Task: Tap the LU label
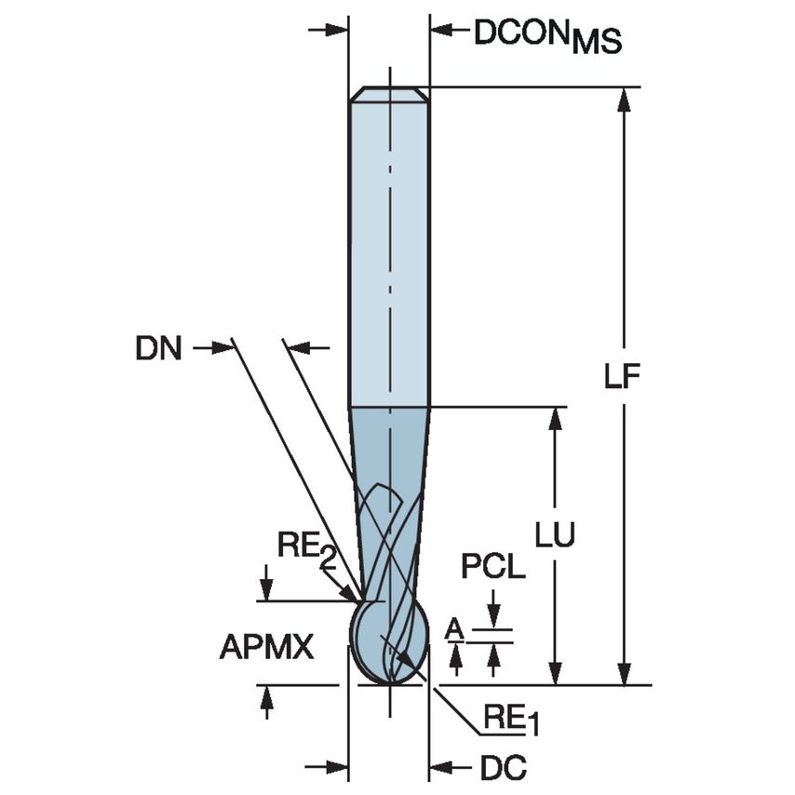click(555, 533)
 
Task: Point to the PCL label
click(493, 567)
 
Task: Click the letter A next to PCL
click(454, 630)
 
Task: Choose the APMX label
click(266, 647)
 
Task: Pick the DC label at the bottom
click(504, 768)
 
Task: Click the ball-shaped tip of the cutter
click(388, 642)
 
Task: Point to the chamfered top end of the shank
click(389, 94)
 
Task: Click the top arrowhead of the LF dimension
click(624, 99)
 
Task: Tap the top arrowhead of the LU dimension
click(556, 418)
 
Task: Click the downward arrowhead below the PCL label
click(493, 619)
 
